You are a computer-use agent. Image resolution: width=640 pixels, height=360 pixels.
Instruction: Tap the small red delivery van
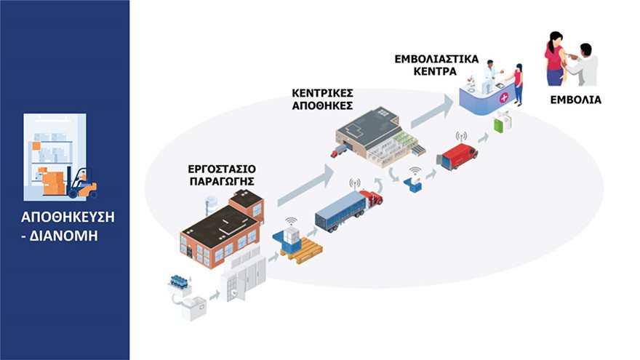click(x=457, y=156)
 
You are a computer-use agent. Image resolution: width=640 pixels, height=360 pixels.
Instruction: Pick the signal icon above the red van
click(x=460, y=137)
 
